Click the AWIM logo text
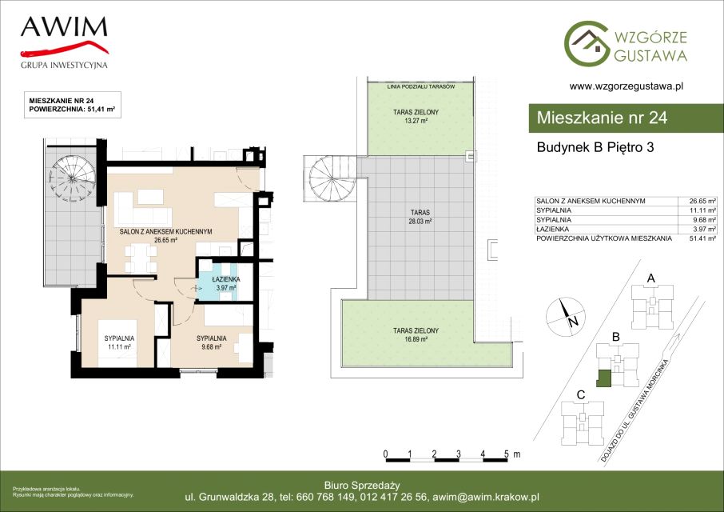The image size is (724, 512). point(64,27)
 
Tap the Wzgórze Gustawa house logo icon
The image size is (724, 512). point(587,43)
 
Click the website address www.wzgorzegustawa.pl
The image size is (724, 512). point(627,86)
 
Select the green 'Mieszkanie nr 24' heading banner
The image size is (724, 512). point(626,118)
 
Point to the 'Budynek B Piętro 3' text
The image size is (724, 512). point(595,147)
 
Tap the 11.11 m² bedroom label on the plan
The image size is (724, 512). point(119,342)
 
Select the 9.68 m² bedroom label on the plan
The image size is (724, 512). point(212,342)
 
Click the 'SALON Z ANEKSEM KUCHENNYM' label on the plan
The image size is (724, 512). point(165,231)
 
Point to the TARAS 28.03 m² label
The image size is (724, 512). point(420,217)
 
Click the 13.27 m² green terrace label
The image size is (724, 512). point(416,116)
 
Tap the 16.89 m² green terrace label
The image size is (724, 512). point(416,334)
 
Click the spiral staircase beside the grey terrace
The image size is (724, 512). point(332,178)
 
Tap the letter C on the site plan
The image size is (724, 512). point(581,395)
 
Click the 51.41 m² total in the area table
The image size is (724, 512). point(702,238)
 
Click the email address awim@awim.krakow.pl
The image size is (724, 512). point(486,498)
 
